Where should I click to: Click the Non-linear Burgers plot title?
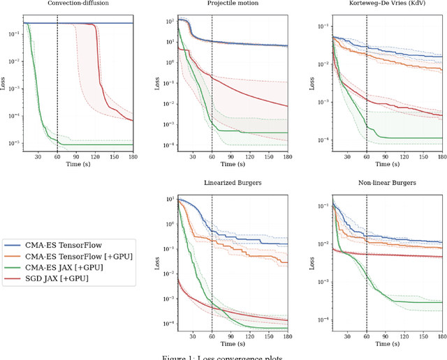click(x=386, y=183)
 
